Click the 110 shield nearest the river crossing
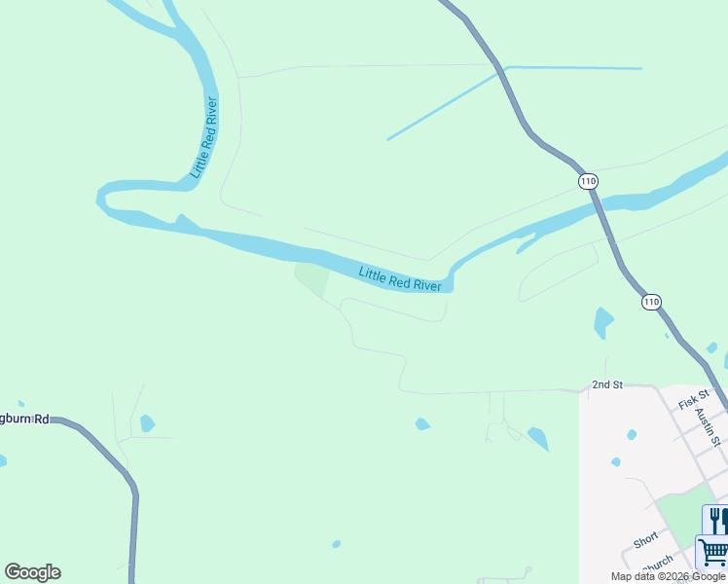587,181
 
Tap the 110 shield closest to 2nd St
651,303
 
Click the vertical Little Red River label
203,137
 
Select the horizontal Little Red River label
400,278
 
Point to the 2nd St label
606,385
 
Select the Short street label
646,539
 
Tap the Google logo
32,572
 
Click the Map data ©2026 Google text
668,576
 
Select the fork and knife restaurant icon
716,520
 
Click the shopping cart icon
713,552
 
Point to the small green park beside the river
312,278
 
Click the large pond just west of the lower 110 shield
602,321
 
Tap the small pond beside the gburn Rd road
147,423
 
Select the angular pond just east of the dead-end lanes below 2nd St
538,438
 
